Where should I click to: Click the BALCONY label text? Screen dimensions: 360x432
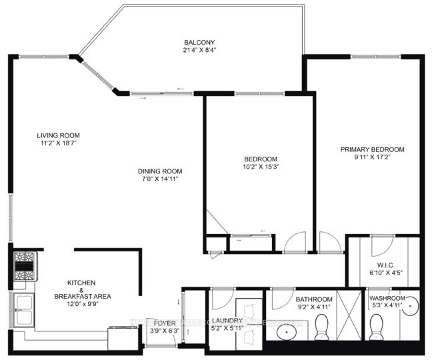click(197, 41)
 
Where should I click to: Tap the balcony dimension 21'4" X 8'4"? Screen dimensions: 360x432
click(197, 49)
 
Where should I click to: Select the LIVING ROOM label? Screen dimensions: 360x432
click(58, 135)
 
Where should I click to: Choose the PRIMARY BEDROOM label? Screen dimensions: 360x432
click(373, 149)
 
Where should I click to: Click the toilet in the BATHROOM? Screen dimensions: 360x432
click(322, 327)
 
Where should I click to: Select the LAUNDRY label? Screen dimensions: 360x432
click(227, 320)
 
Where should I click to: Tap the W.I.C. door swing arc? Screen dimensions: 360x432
click(379, 243)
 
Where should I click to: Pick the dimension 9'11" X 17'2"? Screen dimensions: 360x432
click(373, 159)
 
